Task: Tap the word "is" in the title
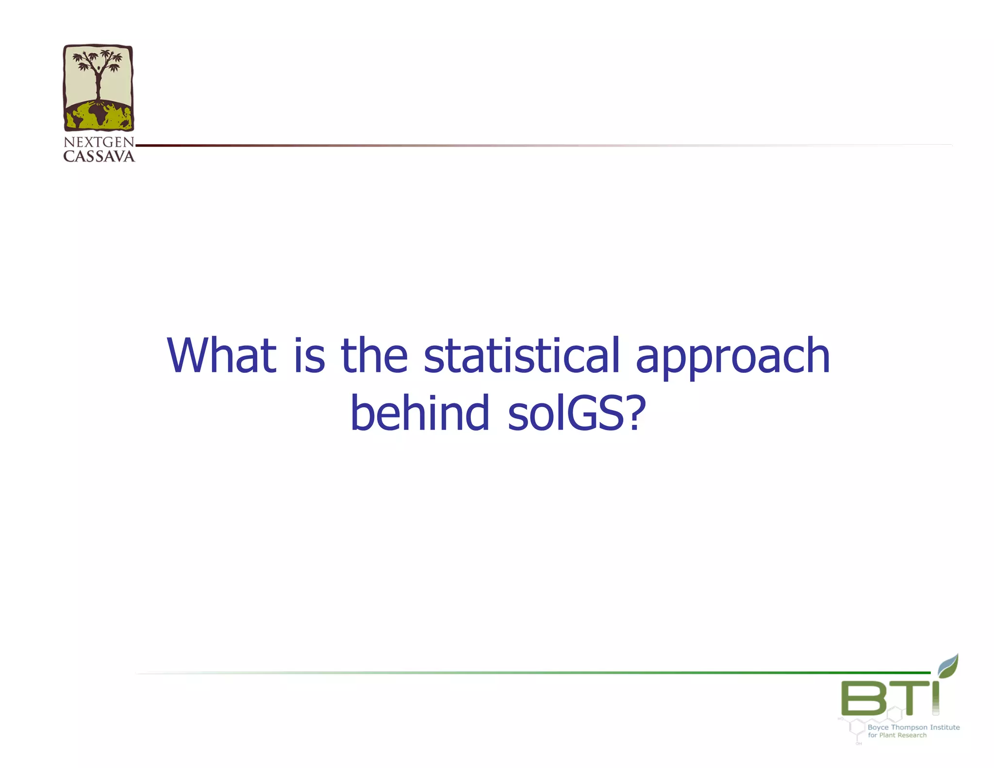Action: pyautogui.click(x=309, y=355)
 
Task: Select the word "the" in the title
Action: pyautogui.click(x=374, y=355)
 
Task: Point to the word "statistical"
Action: pyautogui.click(x=522, y=355)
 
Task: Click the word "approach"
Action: pyautogui.click(x=733, y=359)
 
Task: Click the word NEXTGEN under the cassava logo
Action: pyautogui.click(x=99, y=142)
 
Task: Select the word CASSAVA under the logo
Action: pyautogui.click(x=99, y=156)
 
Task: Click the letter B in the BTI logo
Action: pyautogui.click(x=864, y=698)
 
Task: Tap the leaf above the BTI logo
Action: pyautogui.click(x=948, y=666)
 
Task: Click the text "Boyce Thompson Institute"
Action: pyautogui.click(x=913, y=727)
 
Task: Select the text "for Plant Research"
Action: pyautogui.click(x=897, y=735)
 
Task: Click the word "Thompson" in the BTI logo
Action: pyautogui.click(x=909, y=727)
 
